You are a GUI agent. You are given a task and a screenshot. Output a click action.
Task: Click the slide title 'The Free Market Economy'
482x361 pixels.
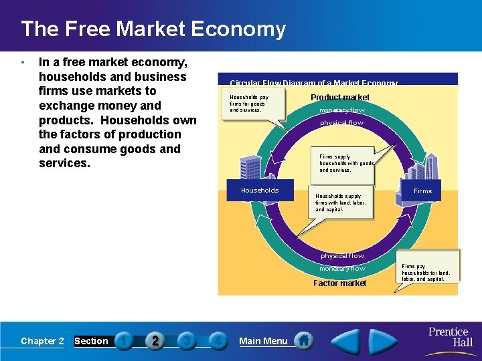pyautogui.click(x=153, y=29)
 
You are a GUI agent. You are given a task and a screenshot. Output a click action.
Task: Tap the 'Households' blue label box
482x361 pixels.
pyautogui.click(x=260, y=191)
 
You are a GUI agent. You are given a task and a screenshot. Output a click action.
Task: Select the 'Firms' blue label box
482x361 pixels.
pyautogui.click(x=422, y=191)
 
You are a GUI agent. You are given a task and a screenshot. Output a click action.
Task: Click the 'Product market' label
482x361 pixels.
pyautogui.click(x=340, y=98)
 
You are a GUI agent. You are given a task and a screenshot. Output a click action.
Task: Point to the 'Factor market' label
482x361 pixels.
pyautogui.click(x=340, y=283)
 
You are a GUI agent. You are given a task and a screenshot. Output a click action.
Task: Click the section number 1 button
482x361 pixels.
pyautogui.click(x=124, y=341)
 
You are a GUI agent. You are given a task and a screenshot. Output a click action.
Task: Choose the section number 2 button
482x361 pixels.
pyautogui.click(x=155, y=341)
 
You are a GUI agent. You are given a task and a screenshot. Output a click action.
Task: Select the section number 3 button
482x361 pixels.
pyautogui.click(x=187, y=341)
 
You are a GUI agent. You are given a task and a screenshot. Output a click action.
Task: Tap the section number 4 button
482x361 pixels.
pyautogui.click(x=217, y=341)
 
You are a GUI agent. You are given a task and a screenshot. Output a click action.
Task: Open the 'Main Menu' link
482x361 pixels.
pyautogui.click(x=263, y=341)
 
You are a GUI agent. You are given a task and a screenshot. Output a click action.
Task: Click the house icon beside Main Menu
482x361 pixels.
pyautogui.click(x=304, y=341)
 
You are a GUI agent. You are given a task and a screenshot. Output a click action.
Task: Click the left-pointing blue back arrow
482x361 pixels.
pyautogui.click(x=345, y=341)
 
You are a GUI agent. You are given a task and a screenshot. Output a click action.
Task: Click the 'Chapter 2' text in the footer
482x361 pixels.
pyautogui.click(x=42, y=341)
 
